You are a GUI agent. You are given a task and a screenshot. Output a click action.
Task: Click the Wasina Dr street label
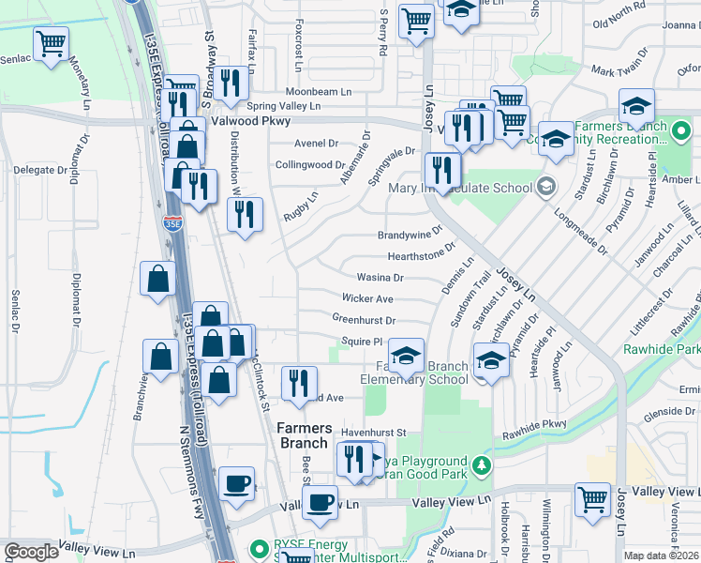tap(380, 278)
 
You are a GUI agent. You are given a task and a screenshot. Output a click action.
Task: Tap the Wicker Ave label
tap(367, 298)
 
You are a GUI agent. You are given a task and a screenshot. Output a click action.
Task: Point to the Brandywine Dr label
tap(410, 236)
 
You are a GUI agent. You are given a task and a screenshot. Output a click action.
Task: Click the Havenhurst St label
tap(372, 432)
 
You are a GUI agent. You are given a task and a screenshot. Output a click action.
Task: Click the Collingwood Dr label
tap(310, 164)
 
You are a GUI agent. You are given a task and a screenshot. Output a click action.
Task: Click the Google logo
tap(31, 552)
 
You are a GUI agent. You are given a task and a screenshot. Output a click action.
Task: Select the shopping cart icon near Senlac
tap(51, 41)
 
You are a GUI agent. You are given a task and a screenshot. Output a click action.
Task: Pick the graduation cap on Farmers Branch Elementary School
tap(406, 355)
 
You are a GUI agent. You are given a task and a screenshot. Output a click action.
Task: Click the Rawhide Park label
tap(662, 349)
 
